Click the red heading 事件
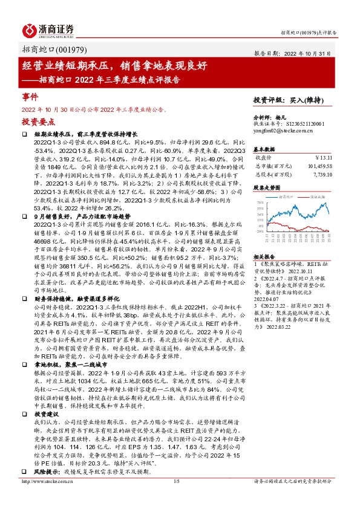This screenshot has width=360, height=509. click(x=30, y=97)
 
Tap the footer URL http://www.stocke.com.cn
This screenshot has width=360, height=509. click(x=49, y=498)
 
